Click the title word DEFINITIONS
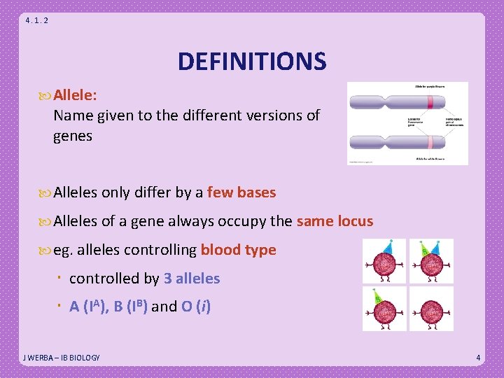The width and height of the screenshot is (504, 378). [251, 62]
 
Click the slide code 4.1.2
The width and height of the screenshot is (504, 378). [36, 20]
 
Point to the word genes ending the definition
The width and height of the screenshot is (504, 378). [73, 136]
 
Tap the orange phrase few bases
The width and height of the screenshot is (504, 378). [241, 192]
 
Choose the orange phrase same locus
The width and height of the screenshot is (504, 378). [335, 222]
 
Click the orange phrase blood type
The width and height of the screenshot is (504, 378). [238, 250]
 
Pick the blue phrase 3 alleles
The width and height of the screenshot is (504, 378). [192, 279]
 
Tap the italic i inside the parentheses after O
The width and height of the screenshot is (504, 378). [204, 307]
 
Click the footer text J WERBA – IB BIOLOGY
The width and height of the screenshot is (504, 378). [61, 358]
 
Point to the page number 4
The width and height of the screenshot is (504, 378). [478, 358]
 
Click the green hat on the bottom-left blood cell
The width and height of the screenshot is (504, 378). [377, 297]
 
